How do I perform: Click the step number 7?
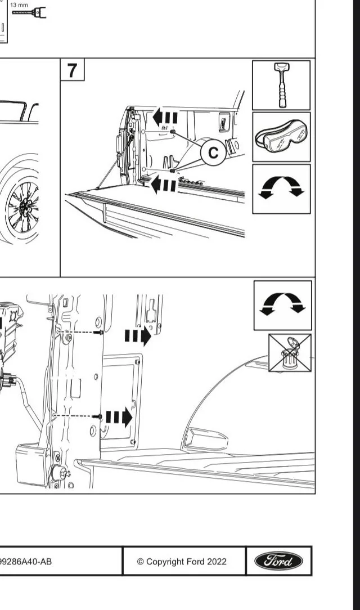72,71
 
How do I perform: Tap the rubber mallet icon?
281,85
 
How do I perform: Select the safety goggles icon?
281,137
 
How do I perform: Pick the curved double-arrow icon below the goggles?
281,189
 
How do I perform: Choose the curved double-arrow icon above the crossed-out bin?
282,304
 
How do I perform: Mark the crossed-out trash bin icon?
289,352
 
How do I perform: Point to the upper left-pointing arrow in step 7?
165,118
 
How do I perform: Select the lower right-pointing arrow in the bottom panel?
119,418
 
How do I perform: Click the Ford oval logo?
278,561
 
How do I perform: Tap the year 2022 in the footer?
217,562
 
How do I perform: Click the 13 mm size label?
19,5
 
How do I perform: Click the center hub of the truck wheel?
24,208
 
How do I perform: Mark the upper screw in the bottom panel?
100,333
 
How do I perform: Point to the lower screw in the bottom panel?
100,416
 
